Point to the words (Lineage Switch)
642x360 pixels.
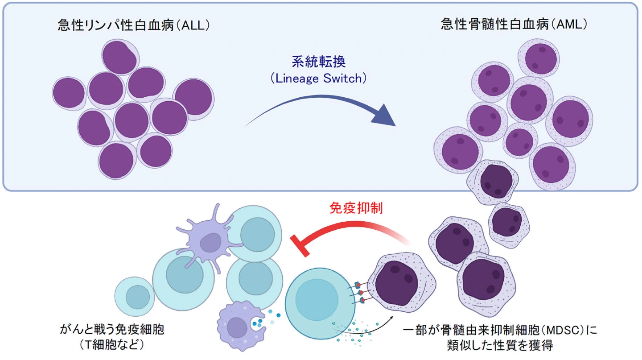(318, 79)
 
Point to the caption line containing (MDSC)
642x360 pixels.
(499, 331)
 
